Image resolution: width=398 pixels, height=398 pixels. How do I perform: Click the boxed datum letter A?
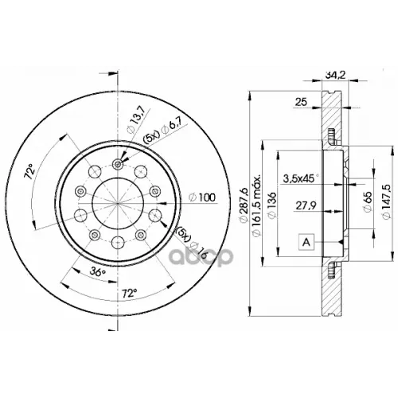click(x=306, y=240)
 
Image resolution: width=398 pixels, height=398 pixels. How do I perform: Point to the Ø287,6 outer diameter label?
click(x=243, y=198)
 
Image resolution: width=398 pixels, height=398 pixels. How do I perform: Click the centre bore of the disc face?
click(x=118, y=200)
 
